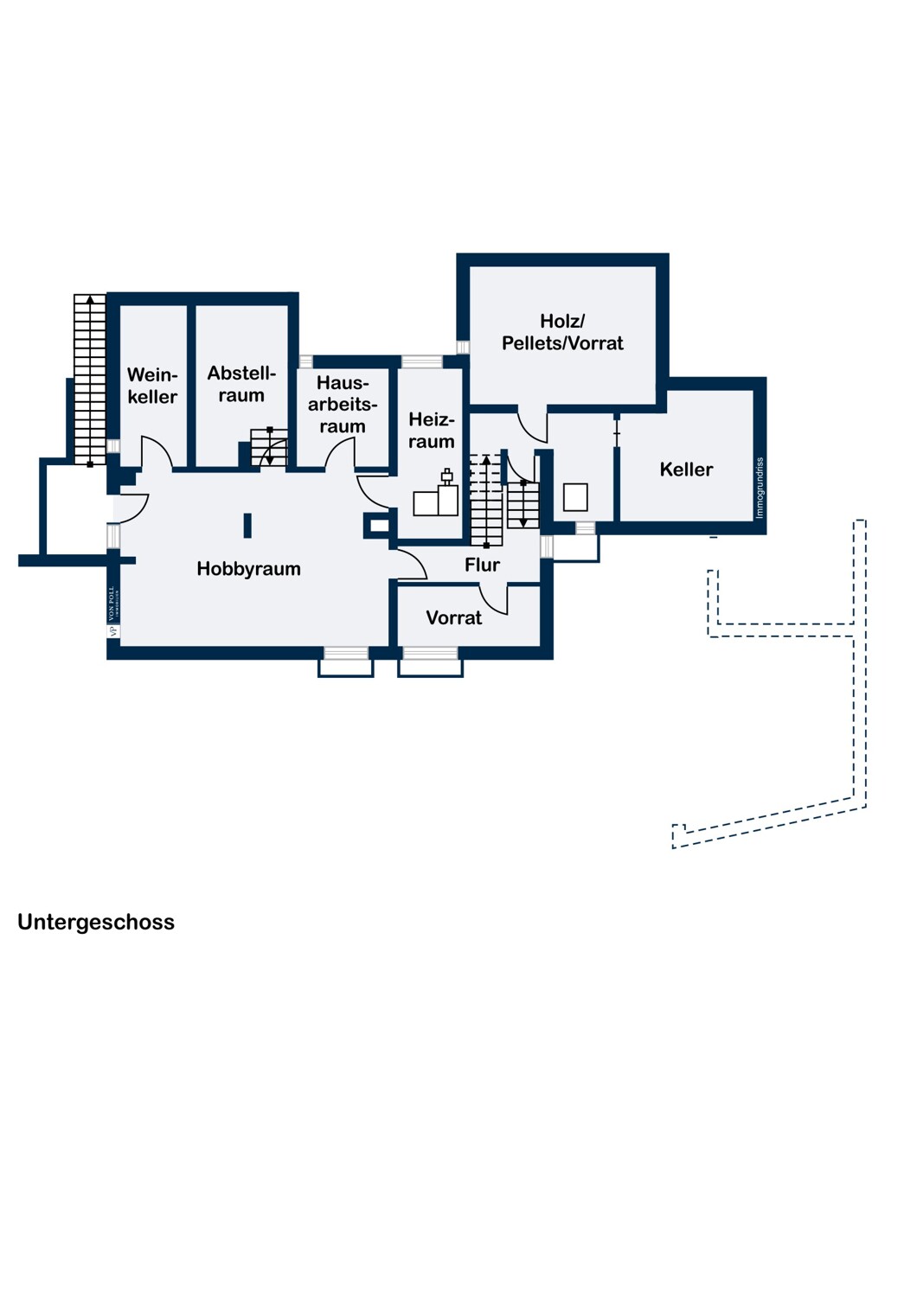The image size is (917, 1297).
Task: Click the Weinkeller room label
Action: click(x=152, y=386)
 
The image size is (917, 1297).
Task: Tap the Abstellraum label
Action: click(x=241, y=384)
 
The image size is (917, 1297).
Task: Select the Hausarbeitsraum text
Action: click(x=343, y=405)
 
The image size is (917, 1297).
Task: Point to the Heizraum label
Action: click(x=432, y=431)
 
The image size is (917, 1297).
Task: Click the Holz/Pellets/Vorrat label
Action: click(x=562, y=333)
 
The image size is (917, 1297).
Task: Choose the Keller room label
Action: click(x=686, y=470)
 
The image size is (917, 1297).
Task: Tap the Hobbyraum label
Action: click(x=248, y=569)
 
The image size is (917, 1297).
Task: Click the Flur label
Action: click(x=482, y=565)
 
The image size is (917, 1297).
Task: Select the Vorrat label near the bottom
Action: click(x=453, y=618)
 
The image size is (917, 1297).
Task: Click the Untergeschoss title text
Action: click(x=96, y=922)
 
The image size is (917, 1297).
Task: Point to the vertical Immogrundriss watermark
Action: click(x=760, y=489)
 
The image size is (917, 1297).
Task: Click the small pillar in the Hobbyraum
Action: click(x=247, y=526)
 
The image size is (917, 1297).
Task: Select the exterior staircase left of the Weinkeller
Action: click(x=89, y=380)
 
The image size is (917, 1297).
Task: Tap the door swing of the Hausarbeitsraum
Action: click(x=341, y=452)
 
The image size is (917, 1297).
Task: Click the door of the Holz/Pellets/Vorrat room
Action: click(x=532, y=425)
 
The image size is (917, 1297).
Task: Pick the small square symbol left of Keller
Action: click(x=575, y=497)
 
